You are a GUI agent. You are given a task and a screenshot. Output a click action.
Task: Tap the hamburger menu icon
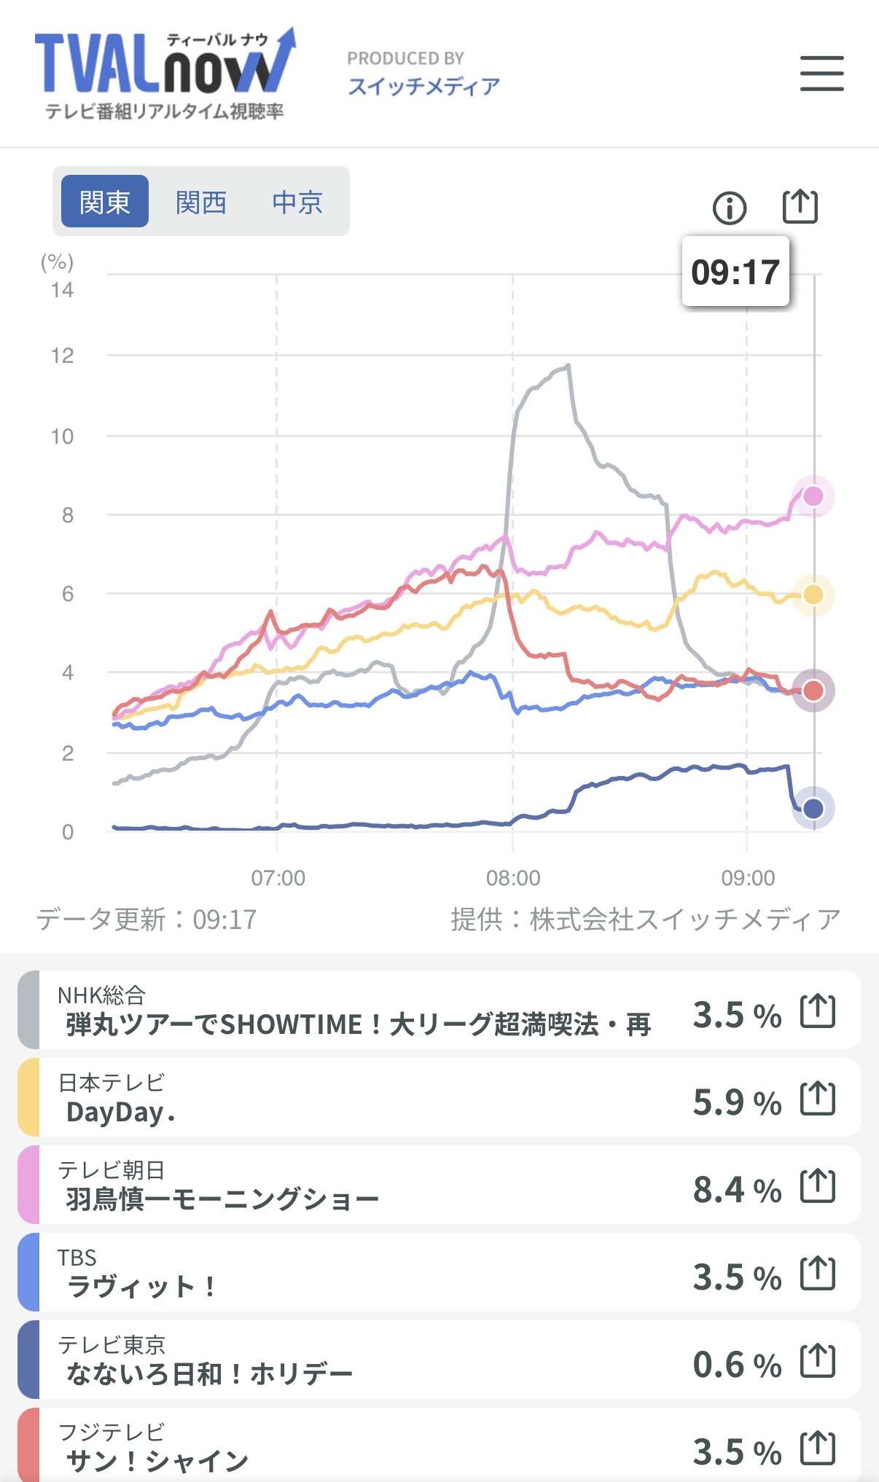click(x=821, y=74)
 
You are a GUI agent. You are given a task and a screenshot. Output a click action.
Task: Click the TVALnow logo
click(x=165, y=73)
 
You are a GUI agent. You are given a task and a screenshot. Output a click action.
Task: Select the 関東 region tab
click(x=105, y=202)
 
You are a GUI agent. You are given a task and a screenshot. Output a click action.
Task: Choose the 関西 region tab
click(x=201, y=202)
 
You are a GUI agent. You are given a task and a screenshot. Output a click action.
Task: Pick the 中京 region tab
click(x=297, y=202)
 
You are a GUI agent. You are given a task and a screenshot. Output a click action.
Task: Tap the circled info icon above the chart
click(x=729, y=208)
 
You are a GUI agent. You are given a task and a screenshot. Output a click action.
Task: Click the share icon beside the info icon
click(x=800, y=207)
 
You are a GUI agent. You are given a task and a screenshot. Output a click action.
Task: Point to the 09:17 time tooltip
click(x=735, y=272)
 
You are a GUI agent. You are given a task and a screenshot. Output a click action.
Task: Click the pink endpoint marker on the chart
click(x=813, y=496)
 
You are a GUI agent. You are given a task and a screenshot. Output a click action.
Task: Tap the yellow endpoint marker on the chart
click(x=813, y=595)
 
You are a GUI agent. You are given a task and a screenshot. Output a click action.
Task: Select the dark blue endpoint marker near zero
click(x=813, y=808)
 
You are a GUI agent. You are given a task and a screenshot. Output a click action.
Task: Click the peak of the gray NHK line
click(x=569, y=365)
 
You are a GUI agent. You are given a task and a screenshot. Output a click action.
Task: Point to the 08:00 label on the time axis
click(x=513, y=878)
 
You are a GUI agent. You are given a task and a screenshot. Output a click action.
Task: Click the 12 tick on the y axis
click(x=63, y=356)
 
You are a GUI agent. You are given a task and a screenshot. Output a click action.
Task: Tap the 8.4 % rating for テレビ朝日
click(x=736, y=1190)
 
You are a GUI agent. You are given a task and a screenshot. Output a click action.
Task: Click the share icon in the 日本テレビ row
click(x=818, y=1099)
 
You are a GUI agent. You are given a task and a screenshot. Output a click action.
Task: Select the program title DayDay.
click(x=120, y=1113)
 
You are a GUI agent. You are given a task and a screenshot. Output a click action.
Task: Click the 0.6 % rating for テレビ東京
click(x=736, y=1365)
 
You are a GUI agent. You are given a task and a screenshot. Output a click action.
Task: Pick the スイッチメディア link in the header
click(x=423, y=87)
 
